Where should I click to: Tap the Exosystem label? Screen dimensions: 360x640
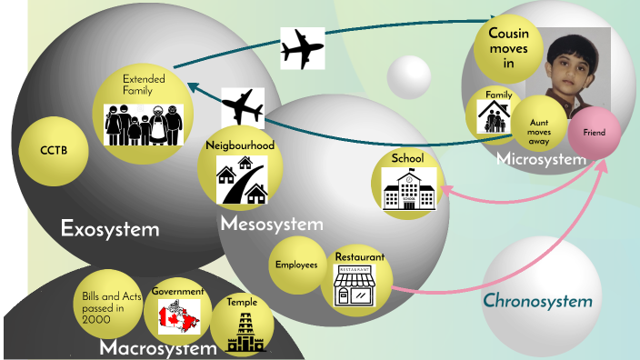[x=110, y=228]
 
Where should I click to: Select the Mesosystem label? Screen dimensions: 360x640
[x=271, y=224]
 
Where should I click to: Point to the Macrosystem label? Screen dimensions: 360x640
[x=158, y=347]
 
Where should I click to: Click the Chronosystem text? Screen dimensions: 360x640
[x=537, y=301]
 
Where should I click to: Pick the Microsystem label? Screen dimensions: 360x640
[x=542, y=159]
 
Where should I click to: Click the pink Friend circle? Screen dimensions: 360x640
[x=595, y=133]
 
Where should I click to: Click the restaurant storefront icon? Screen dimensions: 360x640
[x=355, y=285]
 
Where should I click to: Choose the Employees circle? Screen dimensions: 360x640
[x=296, y=265]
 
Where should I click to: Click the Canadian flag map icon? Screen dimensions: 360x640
[x=178, y=315]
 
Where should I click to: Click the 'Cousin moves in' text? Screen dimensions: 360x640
[x=508, y=47]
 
